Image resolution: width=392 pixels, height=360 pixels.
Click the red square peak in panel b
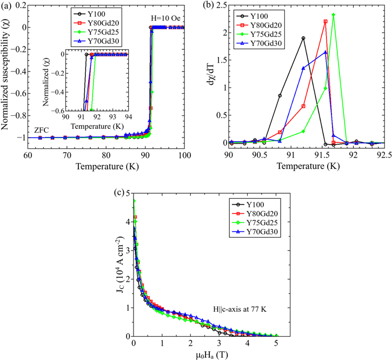pos(325,22)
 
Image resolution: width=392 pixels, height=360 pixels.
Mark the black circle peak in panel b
pos(303,38)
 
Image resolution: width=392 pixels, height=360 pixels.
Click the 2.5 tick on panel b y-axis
pos(219,6)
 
